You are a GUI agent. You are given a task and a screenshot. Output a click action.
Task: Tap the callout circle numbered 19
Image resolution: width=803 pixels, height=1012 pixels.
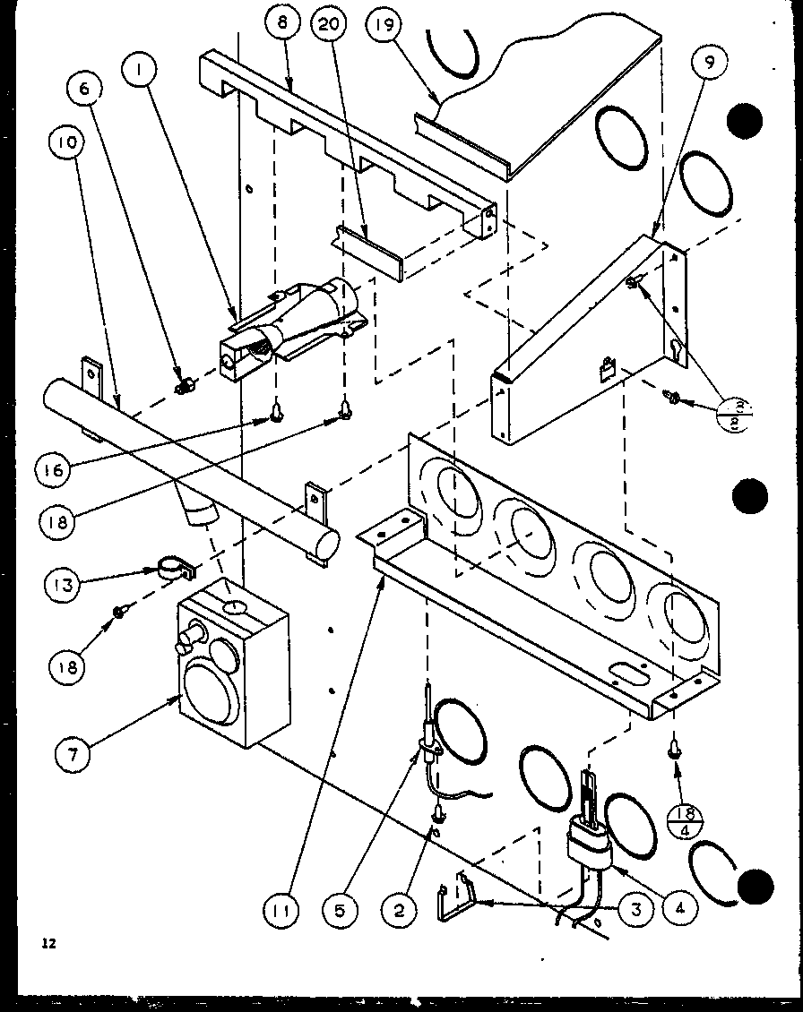pos(384,25)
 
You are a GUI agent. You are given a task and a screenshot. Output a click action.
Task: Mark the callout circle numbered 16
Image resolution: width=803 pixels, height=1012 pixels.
pos(54,471)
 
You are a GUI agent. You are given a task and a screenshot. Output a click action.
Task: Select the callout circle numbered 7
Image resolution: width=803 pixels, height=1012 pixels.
pos(73,754)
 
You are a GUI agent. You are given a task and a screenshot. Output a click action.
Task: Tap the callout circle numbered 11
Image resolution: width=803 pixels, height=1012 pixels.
pos(280,912)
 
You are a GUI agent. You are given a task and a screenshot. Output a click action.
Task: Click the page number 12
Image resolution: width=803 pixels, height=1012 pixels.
pos(47,943)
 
